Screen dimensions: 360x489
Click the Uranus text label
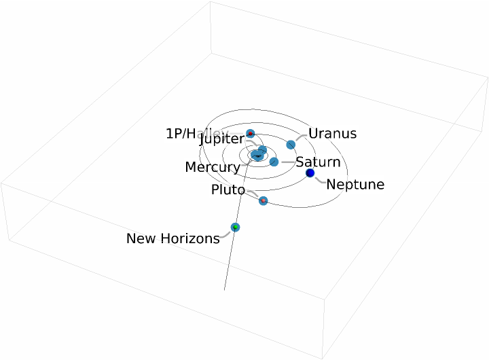pyautogui.click(x=332, y=133)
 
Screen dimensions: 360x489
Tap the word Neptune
pyautogui.click(x=355, y=184)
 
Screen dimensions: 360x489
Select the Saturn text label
pyautogui.click(x=318, y=162)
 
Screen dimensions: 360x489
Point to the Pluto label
pyautogui.click(x=228, y=190)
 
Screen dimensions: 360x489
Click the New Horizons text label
pyautogui.click(x=173, y=238)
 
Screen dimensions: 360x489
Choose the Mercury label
pyautogui.click(x=212, y=167)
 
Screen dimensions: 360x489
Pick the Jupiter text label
pyautogui.click(x=221, y=139)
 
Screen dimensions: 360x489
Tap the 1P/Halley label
pyautogui.click(x=193, y=133)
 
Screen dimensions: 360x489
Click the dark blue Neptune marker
pyautogui.click(x=310, y=174)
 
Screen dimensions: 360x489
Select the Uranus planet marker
pyautogui.click(x=291, y=145)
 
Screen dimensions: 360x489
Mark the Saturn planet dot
pyautogui.click(x=274, y=162)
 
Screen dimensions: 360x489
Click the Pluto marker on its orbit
pyautogui.click(x=264, y=201)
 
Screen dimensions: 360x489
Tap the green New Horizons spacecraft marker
pyautogui.click(x=235, y=227)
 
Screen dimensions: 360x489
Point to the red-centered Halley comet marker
pyautogui.click(x=250, y=133)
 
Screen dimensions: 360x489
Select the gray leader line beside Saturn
pyautogui.click(x=287, y=162)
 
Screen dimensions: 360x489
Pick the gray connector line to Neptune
pyautogui.click(x=319, y=180)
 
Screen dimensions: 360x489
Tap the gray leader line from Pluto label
pyautogui.click(x=253, y=194)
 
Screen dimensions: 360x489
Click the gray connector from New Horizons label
pyautogui.click(x=227, y=234)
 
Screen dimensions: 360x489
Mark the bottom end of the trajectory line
pyautogui.click(x=224, y=290)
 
